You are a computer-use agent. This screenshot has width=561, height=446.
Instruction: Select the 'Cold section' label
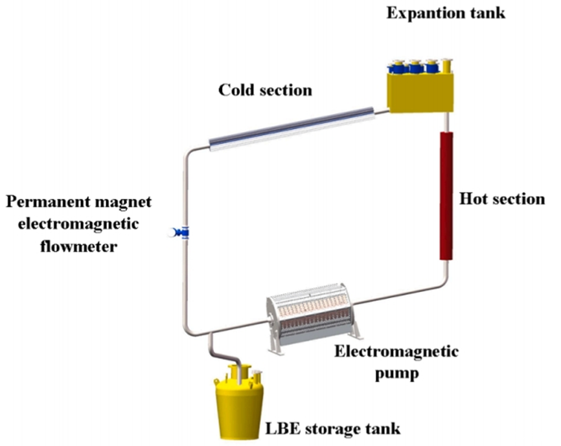[264, 90]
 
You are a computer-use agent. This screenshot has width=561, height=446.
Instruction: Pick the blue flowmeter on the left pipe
[184, 232]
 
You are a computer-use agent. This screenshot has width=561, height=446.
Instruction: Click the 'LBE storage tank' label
[332, 428]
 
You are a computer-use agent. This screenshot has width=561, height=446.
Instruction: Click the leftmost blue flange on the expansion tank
[396, 67]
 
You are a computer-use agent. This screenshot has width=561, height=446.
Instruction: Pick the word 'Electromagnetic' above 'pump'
[396, 352]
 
